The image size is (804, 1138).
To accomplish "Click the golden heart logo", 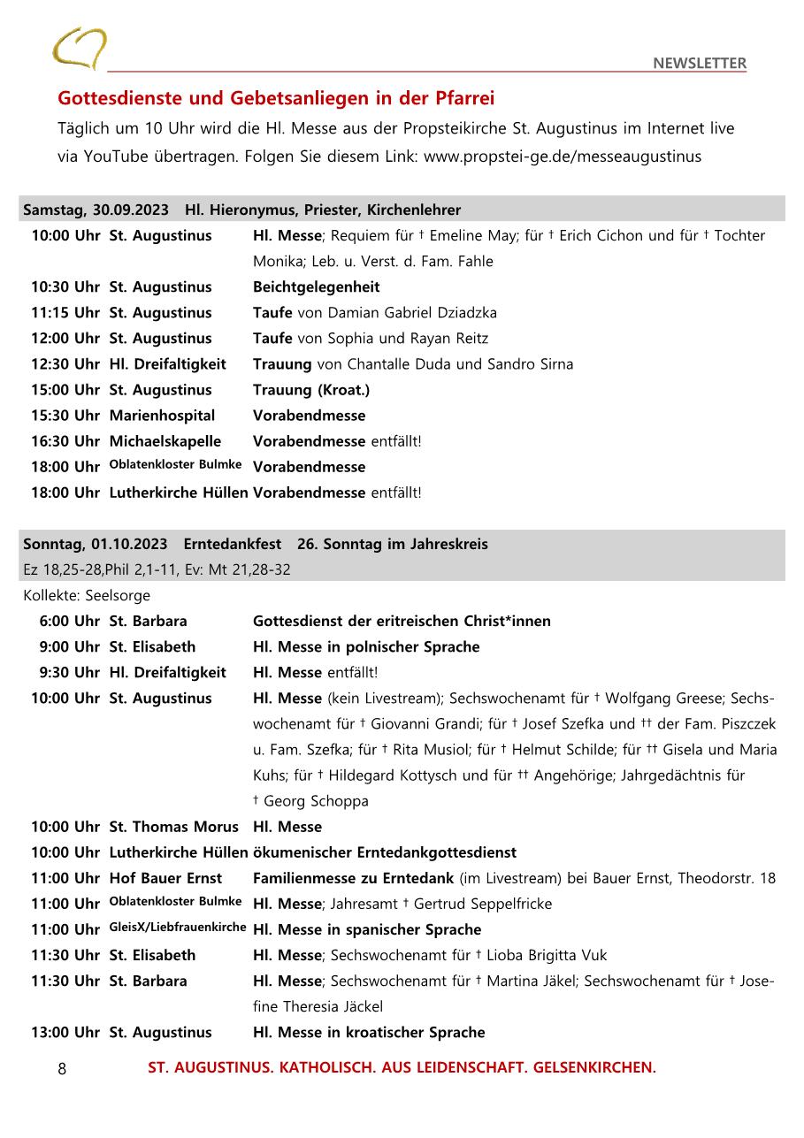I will [x=79, y=49].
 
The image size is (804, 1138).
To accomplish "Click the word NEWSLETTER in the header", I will [x=700, y=63].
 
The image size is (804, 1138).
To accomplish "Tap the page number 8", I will [x=62, y=1068].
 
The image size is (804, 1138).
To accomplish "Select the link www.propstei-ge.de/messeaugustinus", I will [x=563, y=157].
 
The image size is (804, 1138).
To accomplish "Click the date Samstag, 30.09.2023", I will [x=96, y=210].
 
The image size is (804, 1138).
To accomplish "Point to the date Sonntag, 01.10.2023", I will [x=95, y=544].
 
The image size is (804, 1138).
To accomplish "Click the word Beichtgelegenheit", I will [x=316, y=286].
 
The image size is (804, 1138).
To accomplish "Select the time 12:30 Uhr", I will [x=65, y=363].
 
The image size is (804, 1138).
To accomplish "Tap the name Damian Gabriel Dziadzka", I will [x=412, y=312].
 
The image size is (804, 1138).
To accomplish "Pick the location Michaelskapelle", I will [x=165, y=440].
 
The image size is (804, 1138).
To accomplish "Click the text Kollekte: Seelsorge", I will [x=87, y=595].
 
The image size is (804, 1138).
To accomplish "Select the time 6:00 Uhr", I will [x=69, y=621].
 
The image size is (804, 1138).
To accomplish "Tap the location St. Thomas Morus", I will [x=173, y=827].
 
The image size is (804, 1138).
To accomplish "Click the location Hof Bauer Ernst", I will [x=165, y=878].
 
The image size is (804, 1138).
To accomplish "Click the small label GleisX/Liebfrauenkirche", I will [x=178, y=927].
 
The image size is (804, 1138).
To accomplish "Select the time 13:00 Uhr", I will [x=65, y=1032].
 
